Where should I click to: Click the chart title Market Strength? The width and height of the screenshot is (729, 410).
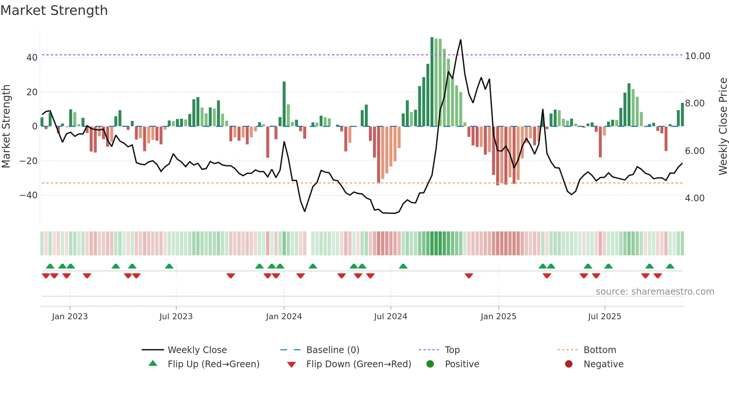54,10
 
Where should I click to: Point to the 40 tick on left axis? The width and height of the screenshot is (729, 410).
32,58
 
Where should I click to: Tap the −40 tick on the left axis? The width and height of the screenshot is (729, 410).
29,195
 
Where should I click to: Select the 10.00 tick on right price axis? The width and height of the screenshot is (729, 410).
697,56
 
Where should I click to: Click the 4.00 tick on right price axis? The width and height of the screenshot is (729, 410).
694,198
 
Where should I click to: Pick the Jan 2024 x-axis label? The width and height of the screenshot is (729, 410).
284,317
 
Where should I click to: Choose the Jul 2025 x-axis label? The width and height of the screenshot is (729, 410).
604,317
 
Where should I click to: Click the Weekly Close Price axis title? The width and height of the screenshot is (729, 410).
723,126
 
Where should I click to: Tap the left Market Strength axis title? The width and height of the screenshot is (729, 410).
6,126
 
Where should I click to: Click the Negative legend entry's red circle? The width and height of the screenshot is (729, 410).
569,364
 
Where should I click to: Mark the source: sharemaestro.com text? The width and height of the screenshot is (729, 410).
655,292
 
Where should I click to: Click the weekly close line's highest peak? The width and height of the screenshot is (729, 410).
460,40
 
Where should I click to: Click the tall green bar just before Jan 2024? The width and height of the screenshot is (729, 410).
284,104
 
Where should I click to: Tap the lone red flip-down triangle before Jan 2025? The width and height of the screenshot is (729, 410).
469,276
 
